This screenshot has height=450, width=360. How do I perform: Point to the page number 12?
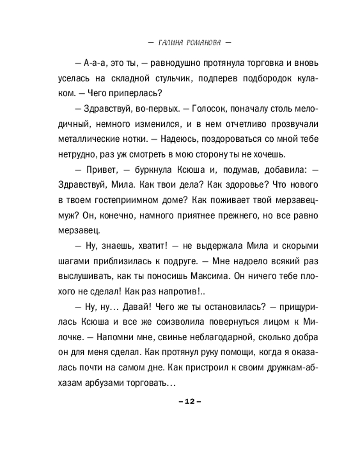coord(185,402)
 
